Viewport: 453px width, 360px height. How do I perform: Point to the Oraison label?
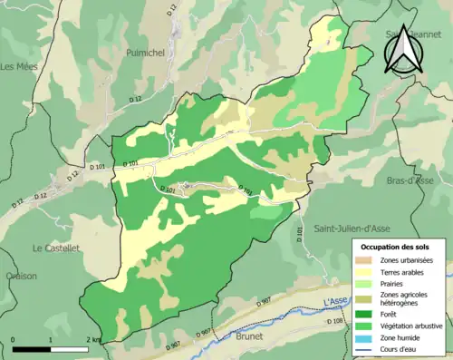pos(17,277)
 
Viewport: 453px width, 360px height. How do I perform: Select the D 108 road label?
pos(335,321)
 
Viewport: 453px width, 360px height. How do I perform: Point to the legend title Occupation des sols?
pos(396,246)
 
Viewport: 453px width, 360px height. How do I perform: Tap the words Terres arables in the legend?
pos(405,271)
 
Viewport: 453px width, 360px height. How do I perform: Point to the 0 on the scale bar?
pos(14,339)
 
